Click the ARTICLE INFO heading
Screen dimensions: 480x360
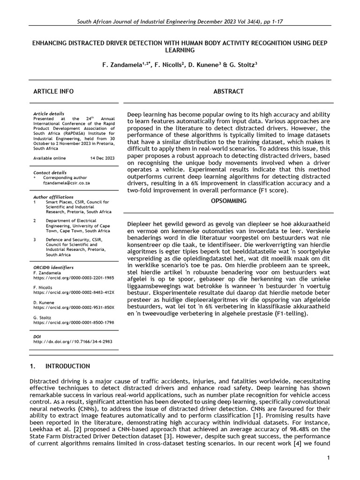pyautogui.click(x=53, y=91)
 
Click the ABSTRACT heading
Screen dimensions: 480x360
pyautogui.click(x=228, y=91)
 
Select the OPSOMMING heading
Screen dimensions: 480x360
pyautogui.click(x=228, y=201)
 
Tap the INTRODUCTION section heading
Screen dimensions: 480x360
pyautogui.click(x=67, y=366)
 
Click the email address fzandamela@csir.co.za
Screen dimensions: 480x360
pyautogui.click(x=63, y=184)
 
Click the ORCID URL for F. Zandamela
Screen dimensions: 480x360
pyautogui.click(x=74, y=277)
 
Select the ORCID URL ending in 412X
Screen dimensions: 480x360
pyautogui.click(x=74, y=292)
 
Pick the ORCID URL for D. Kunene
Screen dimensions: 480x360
pyautogui.click(x=74, y=307)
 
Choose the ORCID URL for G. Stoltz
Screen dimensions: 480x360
pyautogui.click(x=74, y=322)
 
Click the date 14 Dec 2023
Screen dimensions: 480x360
pyautogui.click(x=102, y=158)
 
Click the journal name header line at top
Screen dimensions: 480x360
pyautogui.click(x=180, y=22)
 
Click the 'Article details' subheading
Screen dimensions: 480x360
pyautogui.click(x=49, y=114)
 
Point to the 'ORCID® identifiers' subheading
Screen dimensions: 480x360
pyautogui.click(x=53, y=267)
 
